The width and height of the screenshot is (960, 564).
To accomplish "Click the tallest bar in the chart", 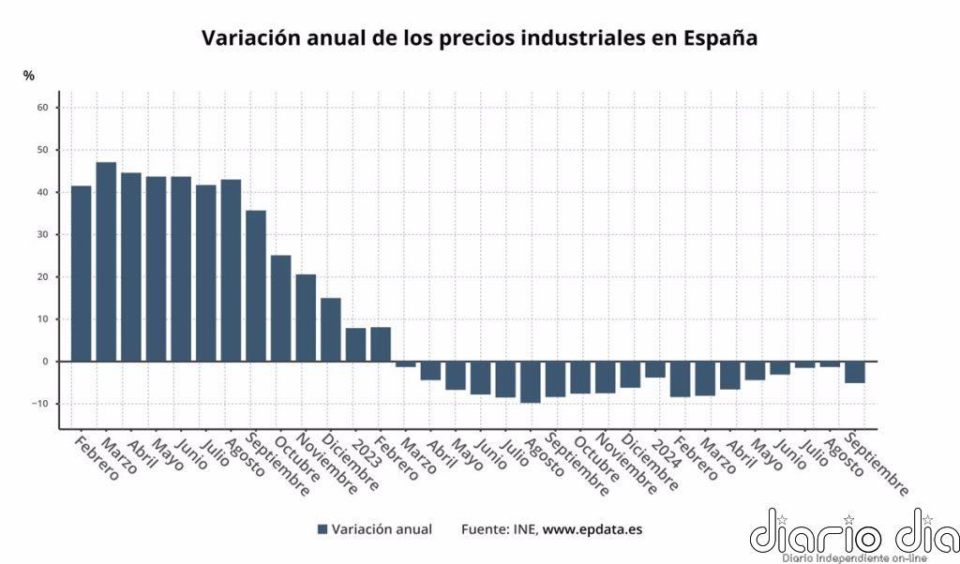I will pos(106,261).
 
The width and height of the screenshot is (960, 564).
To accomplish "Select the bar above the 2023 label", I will pos(355,344).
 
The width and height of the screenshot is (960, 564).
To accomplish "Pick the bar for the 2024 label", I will pos(654,369).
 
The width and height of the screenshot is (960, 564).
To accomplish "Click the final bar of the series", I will pos(854,372).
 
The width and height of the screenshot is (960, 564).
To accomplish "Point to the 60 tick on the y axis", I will pos(42,108).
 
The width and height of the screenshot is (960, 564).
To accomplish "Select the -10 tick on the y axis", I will pos(40,404).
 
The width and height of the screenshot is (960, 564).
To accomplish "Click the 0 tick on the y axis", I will pos(46,362).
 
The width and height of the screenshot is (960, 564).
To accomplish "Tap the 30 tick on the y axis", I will pos(42,235).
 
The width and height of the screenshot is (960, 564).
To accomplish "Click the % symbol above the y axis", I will pos(29,75).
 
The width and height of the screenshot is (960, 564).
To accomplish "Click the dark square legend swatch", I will pos(322,529).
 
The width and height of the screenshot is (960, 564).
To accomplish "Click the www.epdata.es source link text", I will pos(592,529).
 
